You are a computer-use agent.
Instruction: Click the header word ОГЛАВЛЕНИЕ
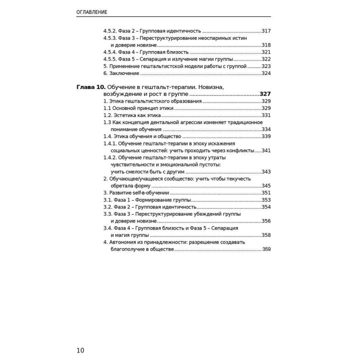coord(93,11)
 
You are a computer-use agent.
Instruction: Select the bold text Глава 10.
coord(91,86)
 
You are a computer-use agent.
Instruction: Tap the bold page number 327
coord(265,94)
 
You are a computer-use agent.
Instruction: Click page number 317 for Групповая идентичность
coord(266,30)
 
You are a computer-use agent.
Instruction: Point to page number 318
coord(266,45)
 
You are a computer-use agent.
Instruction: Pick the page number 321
coord(266,52)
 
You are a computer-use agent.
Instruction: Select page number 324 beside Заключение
coord(266,73)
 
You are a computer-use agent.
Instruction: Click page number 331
coord(266,115)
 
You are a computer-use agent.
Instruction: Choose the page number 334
coord(266,129)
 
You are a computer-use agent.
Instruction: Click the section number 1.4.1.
coord(110,143)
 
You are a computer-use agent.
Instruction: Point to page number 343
coord(266,171)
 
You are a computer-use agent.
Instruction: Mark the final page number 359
coord(266,249)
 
